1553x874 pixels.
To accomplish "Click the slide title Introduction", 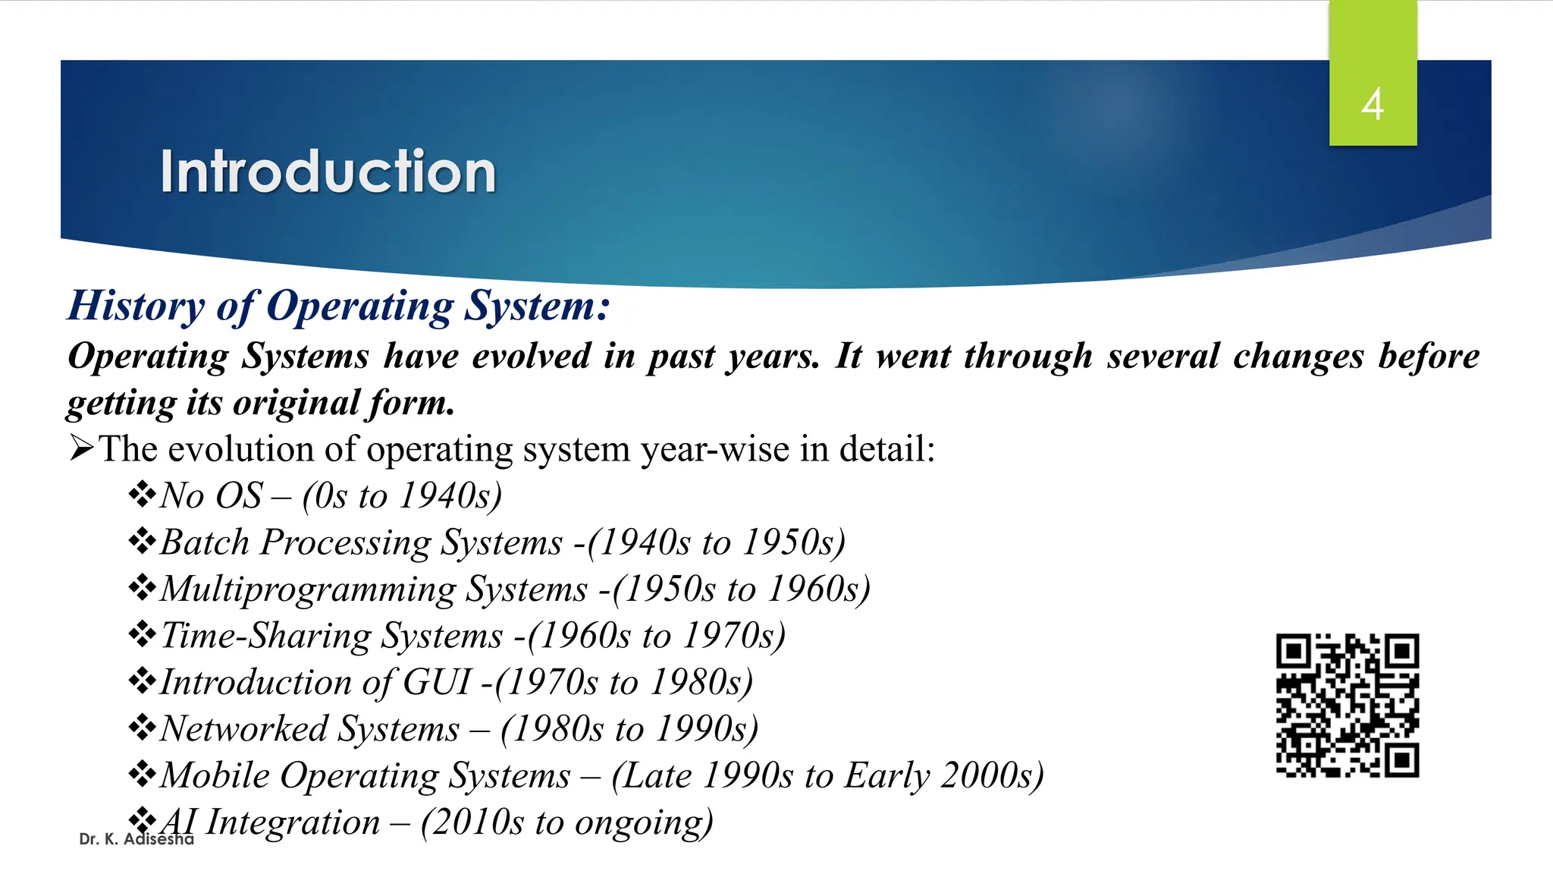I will coord(328,171).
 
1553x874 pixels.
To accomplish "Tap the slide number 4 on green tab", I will coord(1372,104).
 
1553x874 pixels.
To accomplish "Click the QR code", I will coord(1347,706).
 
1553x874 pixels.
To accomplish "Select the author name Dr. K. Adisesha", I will coord(136,839).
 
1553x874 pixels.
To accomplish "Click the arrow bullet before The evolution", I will coord(81,448).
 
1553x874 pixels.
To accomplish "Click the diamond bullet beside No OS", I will coord(142,495).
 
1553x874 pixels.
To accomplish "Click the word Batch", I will coord(205,542).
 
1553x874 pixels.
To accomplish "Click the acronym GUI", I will coord(438,682).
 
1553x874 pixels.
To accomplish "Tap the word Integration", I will coord(293,822).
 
